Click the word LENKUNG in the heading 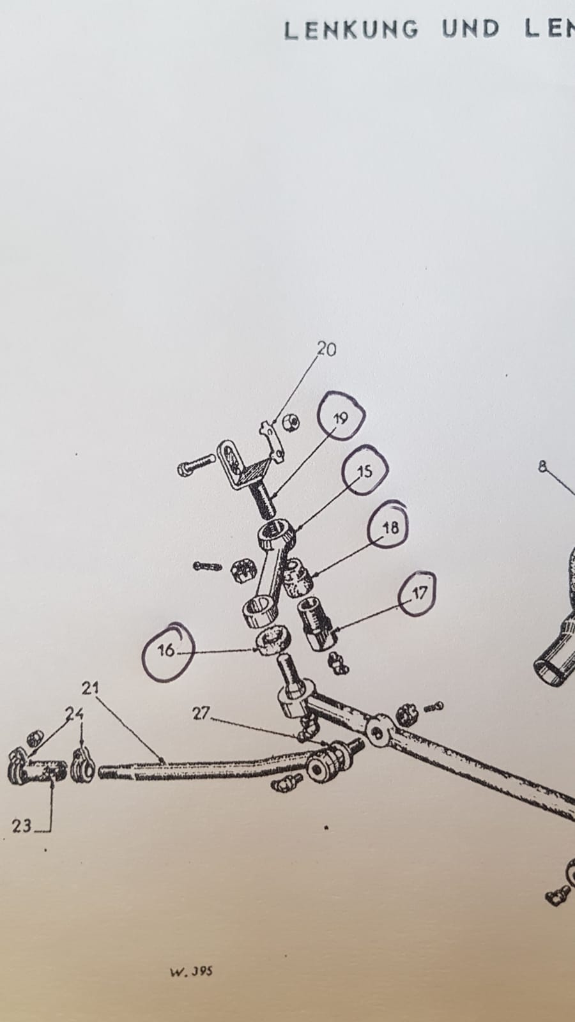click(351, 30)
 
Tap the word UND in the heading click(471, 29)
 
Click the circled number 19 click(341, 418)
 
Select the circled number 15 click(365, 471)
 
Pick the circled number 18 click(390, 528)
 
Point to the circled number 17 click(419, 593)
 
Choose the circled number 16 click(166, 650)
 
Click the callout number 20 click(326, 349)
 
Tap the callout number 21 click(90, 701)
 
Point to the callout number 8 click(542, 466)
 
